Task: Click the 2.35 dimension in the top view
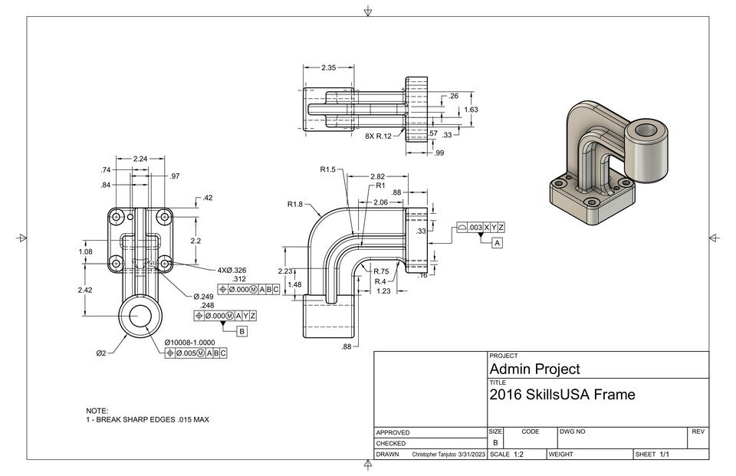click(328, 67)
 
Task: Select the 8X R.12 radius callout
click(378, 136)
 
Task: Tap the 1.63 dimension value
click(472, 110)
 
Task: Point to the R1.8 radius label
click(296, 205)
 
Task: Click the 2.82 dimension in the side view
click(377, 176)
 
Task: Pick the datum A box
click(497, 243)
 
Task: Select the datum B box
click(242, 331)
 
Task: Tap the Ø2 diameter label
click(102, 353)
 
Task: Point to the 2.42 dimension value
click(86, 290)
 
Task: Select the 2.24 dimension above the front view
click(140, 159)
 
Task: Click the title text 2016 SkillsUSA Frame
click(562, 395)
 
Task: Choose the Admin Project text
click(534, 369)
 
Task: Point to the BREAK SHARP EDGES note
click(147, 420)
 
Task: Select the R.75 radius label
click(382, 271)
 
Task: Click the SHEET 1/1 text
click(652, 455)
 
